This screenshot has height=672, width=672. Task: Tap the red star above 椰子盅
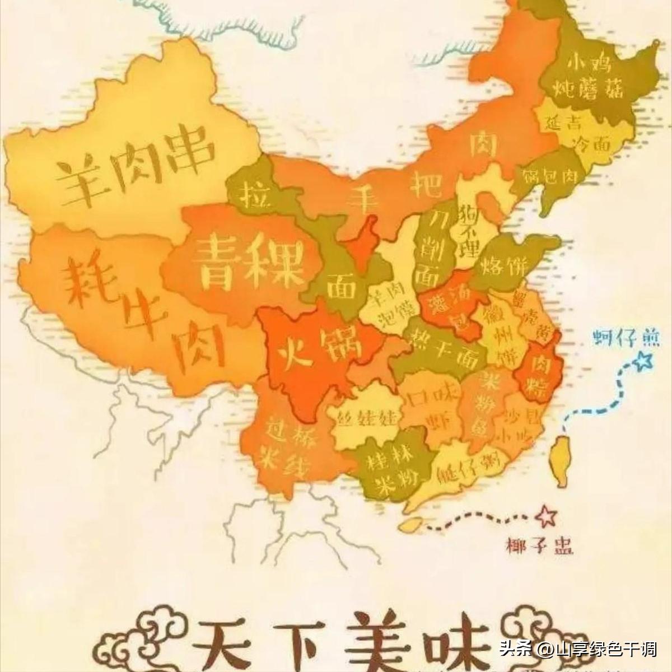point(543,516)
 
